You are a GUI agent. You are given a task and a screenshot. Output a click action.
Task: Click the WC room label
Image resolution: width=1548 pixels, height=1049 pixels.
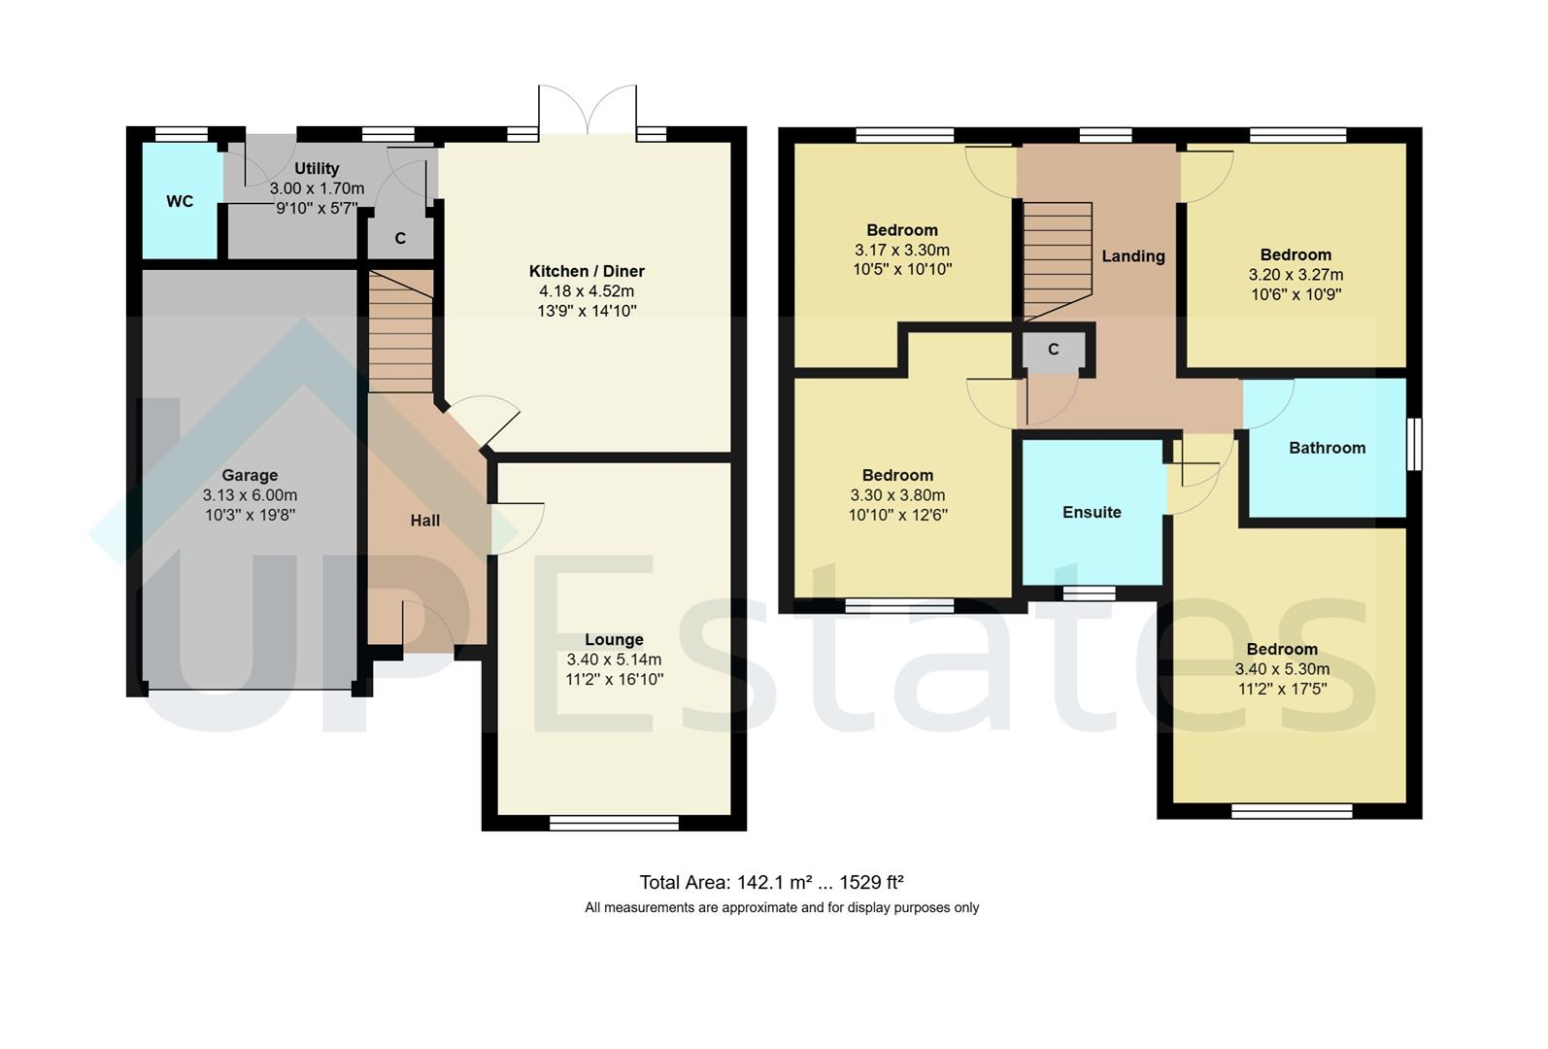pyautogui.click(x=180, y=202)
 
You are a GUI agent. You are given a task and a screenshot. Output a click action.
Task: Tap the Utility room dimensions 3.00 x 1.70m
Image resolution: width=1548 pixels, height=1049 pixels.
pyautogui.click(x=317, y=188)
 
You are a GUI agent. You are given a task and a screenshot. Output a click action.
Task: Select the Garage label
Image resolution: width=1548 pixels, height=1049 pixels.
pyautogui.click(x=250, y=475)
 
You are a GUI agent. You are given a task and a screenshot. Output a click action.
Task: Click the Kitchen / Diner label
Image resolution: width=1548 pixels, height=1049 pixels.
pyautogui.click(x=587, y=271)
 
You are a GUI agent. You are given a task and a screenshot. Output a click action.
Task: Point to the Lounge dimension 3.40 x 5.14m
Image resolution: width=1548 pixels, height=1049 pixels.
pyautogui.click(x=614, y=660)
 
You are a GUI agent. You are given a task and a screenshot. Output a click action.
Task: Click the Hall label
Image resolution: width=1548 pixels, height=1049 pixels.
pyautogui.click(x=425, y=521)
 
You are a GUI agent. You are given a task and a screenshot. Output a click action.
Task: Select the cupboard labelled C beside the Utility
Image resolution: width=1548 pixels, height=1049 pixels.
pyautogui.click(x=400, y=239)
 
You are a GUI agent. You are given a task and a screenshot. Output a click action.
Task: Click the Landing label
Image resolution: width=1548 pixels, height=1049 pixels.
pyautogui.click(x=1133, y=256)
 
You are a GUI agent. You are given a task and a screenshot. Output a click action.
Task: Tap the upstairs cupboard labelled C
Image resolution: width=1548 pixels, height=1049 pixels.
pyautogui.click(x=1053, y=351)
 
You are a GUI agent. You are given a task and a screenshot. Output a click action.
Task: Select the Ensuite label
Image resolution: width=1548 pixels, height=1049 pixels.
pyautogui.click(x=1092, y=512)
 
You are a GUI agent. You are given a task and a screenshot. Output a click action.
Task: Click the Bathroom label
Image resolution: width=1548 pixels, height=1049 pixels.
pyautogui.click(x=1327, y=448)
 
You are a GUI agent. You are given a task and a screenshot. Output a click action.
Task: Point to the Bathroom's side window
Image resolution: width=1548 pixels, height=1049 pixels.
pyautogui.click(x=1414, y=445)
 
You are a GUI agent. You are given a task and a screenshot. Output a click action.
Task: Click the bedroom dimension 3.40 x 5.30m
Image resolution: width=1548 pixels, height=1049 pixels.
pyautogui.click(x=1282, y=669)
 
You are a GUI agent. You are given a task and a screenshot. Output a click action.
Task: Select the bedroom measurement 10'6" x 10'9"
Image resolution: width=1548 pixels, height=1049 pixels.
pyautogui.click(x=1296, y=294)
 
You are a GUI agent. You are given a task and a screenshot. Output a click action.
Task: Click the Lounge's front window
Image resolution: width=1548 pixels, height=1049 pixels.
pyautogui.click(x=614, y=824)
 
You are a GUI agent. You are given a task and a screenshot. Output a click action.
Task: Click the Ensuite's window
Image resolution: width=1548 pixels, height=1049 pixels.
pyautogui.click(x=1088, y=592)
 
